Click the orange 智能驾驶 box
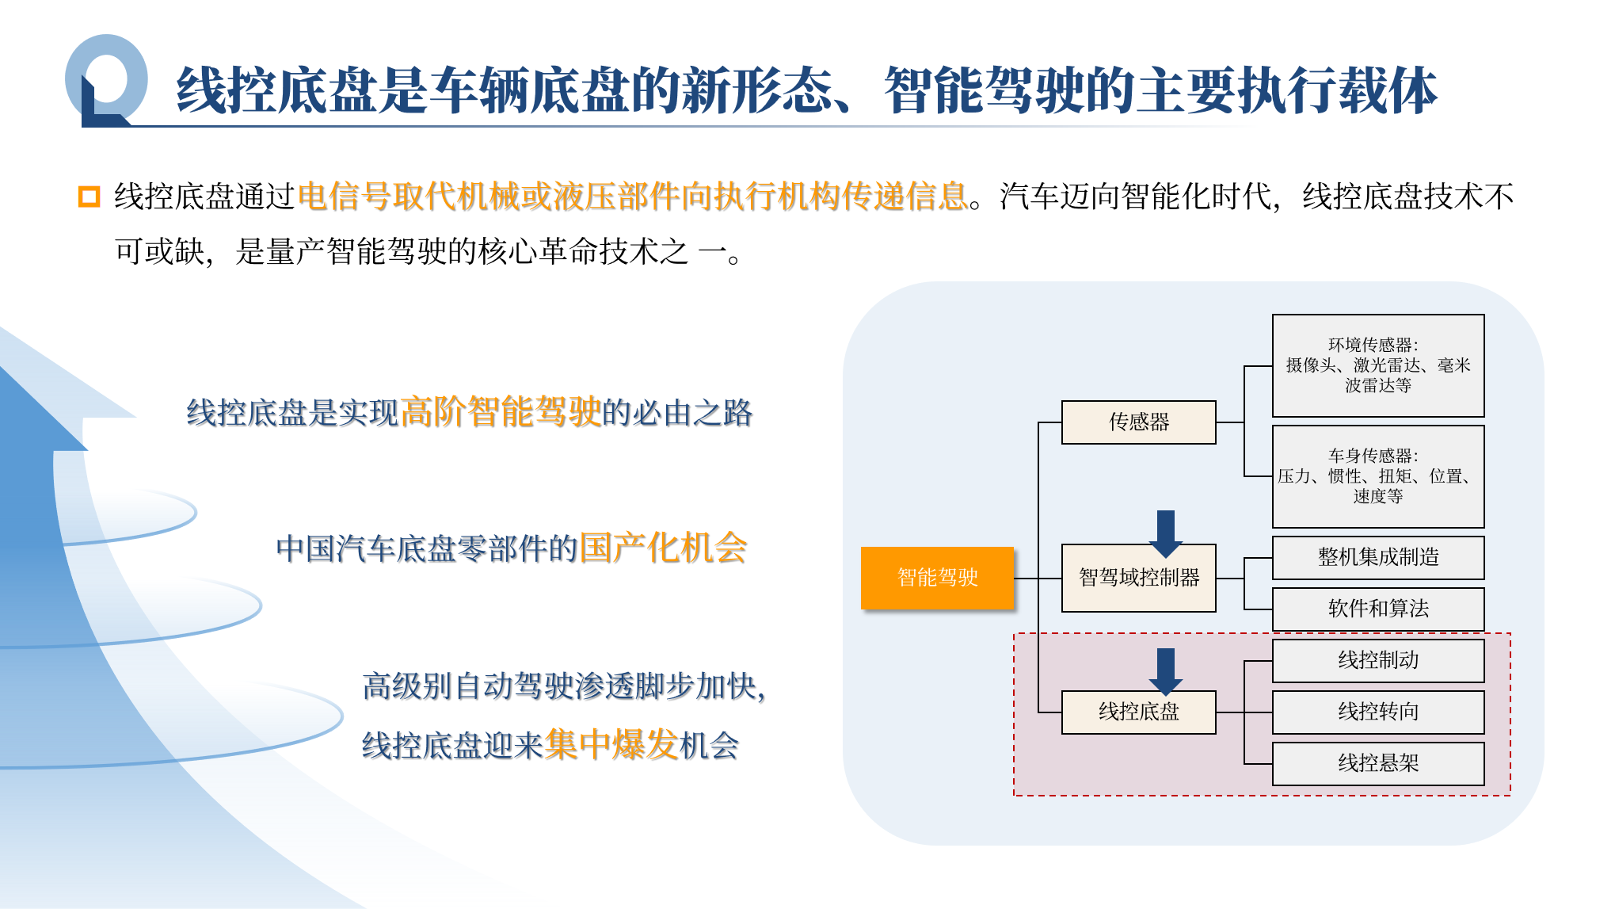click(937, 578)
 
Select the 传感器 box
click(1138, 422)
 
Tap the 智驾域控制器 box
click(1138, 579)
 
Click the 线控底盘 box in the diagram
click(1138, 712)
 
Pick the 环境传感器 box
click(1377, 365)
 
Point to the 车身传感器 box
click(1377, 476)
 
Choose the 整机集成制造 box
click(1377, 558)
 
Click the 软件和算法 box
click(1377, 609)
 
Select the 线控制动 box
click(1377, 660)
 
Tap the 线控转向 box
click(1377, 712)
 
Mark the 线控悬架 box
click(1377, 763)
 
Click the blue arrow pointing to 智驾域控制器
click(1165, 533)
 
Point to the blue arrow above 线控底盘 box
click(1165, 670)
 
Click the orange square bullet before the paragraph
click(90, 197)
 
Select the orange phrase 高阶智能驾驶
click(501, 412)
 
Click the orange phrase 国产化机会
click(663, 548)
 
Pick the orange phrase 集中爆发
click(611, 744)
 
